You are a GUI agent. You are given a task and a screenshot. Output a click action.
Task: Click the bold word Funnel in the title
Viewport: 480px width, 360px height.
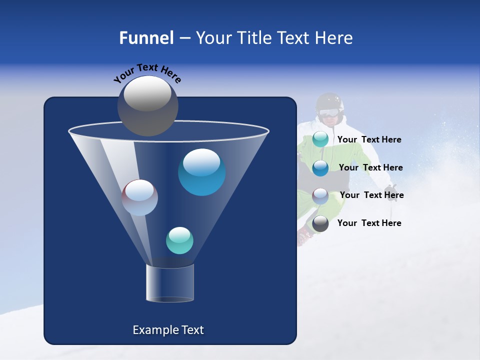[x=146, y=38]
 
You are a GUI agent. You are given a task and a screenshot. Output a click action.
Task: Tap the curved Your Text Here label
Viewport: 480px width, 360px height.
[x=147, y=73]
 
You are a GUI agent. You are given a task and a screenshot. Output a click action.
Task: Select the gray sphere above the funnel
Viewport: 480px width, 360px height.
[x=147, y=105]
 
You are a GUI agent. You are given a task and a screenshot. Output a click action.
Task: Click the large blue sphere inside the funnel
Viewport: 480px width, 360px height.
[x=201, y=172]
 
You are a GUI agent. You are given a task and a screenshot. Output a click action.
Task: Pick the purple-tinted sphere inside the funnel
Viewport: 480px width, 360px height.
[x=139, y=197]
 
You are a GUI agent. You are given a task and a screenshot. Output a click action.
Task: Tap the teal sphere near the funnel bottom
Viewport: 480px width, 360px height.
[x=179, y=240]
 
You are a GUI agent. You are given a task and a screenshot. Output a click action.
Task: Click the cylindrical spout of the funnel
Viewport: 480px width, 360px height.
[x=170, y=283]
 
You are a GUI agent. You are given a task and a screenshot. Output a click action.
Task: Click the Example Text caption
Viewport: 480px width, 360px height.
[x=168, y=330]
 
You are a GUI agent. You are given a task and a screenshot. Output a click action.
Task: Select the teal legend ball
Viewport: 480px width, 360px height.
[x=320, y=139]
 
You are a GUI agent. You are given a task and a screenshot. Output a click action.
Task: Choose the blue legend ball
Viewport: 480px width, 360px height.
[x=320, y=167]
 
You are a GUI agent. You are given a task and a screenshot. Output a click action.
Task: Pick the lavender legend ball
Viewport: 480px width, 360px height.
[x=320, y=195]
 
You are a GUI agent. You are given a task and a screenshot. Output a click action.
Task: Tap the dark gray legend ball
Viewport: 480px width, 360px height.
[x=320, y=223]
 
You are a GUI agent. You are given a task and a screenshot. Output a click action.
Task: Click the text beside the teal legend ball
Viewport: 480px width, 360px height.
[x=369, y=140]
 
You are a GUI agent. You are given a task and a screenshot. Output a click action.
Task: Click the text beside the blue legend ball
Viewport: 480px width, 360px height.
[x=370, y=167]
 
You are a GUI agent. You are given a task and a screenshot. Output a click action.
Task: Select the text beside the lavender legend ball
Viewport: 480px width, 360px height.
[x=371, y=195]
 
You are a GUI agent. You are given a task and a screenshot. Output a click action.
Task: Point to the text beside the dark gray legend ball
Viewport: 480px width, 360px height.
[x=369, y=223]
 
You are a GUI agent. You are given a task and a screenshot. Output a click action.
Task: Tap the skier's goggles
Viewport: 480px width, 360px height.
[x=328, y=112]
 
